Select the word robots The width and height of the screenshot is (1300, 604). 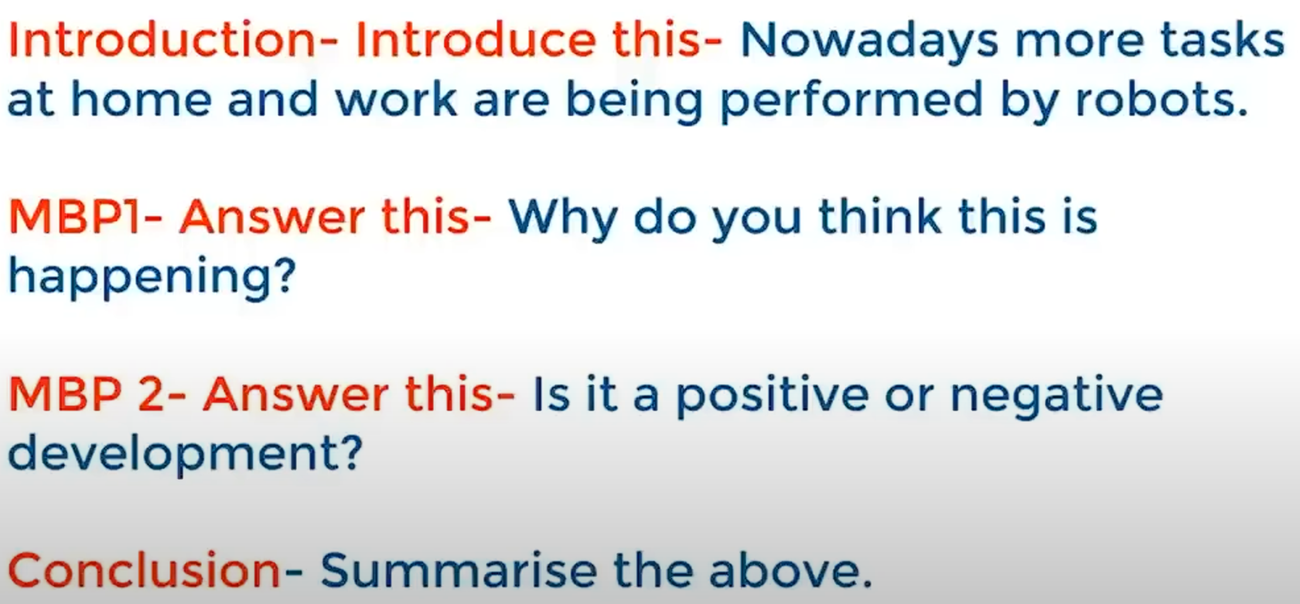pos(1161,99)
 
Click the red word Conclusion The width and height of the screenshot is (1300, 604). pos(144,569)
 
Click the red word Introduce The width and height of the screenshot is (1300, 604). pos(475,40)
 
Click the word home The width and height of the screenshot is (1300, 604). pos(141,99)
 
